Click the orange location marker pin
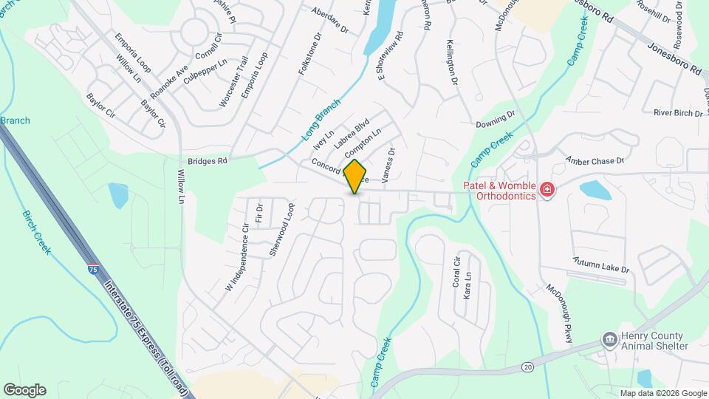pos(355,176)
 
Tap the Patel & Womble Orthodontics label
pos(499,191)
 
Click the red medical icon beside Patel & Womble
pos(547,190)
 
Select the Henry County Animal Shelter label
pos(654,341)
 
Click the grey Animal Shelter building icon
pos(609,340)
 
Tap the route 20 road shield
pos(527,367)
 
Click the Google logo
pos(24,390)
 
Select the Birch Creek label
pos(36,232)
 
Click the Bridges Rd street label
pos(206,160)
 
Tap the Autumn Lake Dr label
pos(601,265)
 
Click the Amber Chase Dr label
pos(595,160)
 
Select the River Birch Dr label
pos(677,113)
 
